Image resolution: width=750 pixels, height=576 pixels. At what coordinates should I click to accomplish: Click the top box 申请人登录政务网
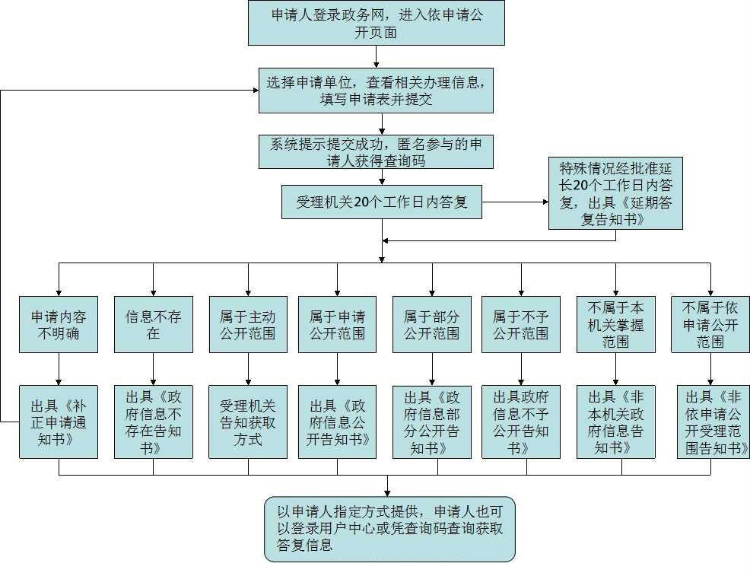[x=376, y=24]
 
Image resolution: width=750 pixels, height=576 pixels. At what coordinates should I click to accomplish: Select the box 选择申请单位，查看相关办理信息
[x=376, y=90]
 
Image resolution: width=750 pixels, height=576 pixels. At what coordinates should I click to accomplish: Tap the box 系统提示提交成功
[x=376, y=151]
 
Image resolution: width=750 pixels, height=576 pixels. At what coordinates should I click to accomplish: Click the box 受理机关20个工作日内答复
[x=381, y=202]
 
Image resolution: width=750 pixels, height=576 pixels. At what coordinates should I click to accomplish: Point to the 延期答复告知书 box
[x=615, y=194]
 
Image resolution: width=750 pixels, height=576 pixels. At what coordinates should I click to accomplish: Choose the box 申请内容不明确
[x=59, y=325]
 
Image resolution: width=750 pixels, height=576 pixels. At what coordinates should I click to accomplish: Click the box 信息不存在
[x=153, y=325]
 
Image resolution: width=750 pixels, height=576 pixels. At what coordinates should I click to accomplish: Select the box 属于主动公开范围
[x=248, y=325]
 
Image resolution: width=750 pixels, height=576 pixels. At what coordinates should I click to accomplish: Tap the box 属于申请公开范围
[x=337, y=325]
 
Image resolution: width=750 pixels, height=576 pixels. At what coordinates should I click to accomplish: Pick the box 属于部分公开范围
[x=431, y=325]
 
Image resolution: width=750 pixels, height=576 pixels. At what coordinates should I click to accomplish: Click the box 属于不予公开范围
[x=520, y=325]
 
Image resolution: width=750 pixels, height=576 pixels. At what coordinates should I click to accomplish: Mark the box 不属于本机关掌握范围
[x=615, y=325]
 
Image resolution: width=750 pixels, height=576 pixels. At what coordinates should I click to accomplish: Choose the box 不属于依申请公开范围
[x=710, y=325]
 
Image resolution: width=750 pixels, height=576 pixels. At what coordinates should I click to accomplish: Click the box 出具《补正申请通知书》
[x=59, y=422]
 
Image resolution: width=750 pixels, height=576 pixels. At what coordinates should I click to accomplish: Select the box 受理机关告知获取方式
[x=248, y=422]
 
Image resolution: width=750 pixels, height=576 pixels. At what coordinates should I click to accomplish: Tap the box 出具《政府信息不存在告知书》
[x=153, y=422]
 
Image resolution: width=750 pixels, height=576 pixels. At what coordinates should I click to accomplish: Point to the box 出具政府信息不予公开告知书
[x=520, y=422]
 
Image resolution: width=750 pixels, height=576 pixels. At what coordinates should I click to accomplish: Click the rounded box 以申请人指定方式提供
[x=389, y=529]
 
